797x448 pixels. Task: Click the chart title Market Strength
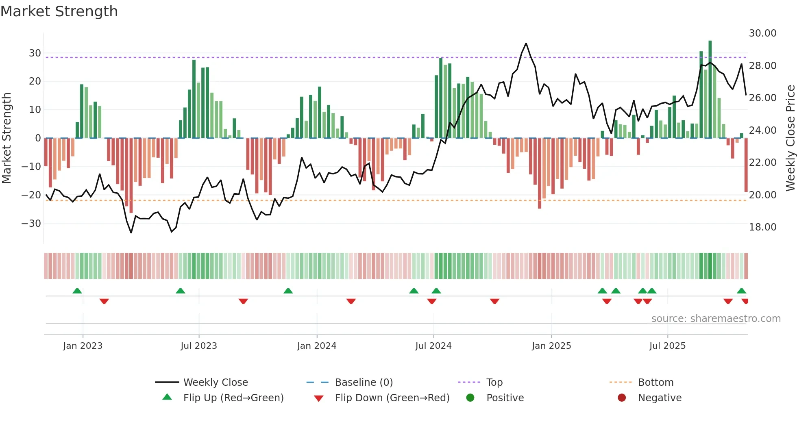coord(59,11)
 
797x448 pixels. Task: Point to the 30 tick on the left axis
coord(35,53)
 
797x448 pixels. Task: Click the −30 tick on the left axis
coord(31,224)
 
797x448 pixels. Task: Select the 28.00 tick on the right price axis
coord(762,66)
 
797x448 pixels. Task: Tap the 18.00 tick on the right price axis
coord(762,227)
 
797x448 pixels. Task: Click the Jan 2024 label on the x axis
coord(317,346)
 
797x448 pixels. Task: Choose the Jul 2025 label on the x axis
coord(667,346)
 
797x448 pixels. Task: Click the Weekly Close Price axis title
coord(790,138)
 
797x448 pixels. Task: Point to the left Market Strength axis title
coord(7,138)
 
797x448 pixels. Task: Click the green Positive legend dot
coord(470,398)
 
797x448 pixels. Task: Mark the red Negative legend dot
coord(622,398)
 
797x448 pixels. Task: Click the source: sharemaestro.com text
coord(716,319)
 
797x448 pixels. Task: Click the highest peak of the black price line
coord(526,43)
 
